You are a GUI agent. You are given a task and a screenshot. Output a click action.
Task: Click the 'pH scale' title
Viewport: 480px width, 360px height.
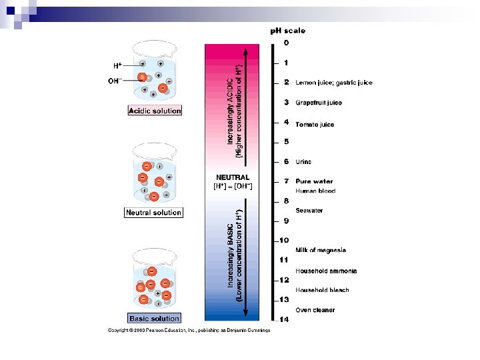click(287, 31)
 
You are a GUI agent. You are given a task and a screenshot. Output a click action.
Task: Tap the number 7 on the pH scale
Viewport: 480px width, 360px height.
click(286, 181)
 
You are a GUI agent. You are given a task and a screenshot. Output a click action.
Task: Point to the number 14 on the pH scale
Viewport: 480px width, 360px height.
click(284, 319)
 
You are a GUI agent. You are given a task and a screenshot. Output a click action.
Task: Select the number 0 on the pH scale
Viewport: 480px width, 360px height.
click(286, 43)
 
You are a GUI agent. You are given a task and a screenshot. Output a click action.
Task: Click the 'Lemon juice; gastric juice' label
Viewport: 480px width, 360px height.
click(334, 83)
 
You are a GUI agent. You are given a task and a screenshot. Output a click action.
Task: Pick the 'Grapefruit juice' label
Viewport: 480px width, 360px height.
click(319, 103)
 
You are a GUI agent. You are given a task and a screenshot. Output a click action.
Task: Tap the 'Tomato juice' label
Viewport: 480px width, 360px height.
click(315, 125)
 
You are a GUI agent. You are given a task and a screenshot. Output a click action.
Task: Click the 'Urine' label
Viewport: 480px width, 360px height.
click(303, 162)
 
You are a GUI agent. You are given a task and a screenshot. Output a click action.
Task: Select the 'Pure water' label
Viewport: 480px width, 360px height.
click(314, 181)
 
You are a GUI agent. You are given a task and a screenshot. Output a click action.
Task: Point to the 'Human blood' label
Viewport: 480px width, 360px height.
click(315, 191)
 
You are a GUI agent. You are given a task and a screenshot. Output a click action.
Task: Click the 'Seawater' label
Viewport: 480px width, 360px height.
click(309, 211)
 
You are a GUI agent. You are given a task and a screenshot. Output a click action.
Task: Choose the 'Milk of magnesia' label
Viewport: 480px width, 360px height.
click(321, 251)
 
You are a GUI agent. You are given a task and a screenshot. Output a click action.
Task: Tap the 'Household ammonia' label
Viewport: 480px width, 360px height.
click(326, 271)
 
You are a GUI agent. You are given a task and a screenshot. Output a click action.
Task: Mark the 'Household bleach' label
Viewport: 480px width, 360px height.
click(322, 290)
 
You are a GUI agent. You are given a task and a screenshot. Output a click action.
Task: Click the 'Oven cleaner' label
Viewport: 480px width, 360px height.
click(315, 310)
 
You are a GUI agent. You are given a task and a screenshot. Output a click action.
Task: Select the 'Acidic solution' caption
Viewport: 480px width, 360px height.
click(155, 111)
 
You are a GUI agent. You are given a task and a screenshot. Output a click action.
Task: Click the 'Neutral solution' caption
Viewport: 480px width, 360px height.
click(153, 213)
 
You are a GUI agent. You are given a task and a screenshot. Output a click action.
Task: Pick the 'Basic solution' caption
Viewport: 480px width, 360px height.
click(154, 319)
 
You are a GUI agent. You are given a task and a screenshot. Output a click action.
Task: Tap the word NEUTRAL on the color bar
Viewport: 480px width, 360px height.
click(233, 177)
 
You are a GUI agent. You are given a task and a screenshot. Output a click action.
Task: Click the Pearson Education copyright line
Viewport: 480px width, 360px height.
click(189, 330)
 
